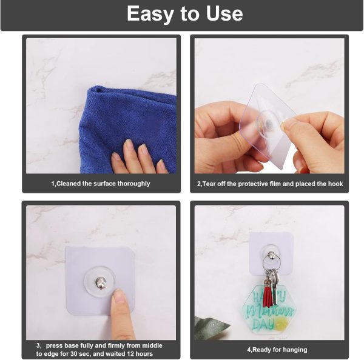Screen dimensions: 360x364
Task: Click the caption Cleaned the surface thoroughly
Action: point(101,183)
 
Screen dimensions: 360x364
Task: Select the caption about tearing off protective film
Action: point(270,183)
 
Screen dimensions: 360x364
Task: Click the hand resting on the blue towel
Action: point(136,159)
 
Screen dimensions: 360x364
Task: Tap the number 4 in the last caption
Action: point(249,350)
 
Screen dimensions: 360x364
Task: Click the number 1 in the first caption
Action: point(52,183)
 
